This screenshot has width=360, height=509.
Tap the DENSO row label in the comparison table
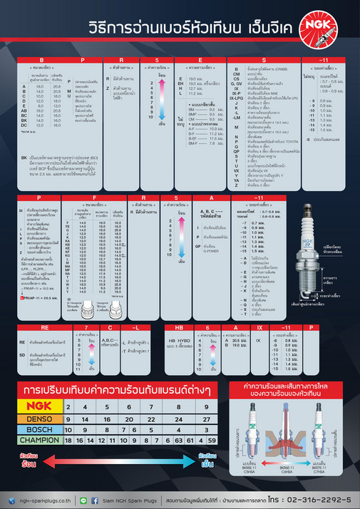tap(37, 420)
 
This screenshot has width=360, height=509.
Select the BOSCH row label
tap(37, 431)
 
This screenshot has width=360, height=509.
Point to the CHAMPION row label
tap(37, 441)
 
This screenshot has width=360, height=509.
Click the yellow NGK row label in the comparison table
tap(37, 408)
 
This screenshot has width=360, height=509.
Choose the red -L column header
tap(133, 327)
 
